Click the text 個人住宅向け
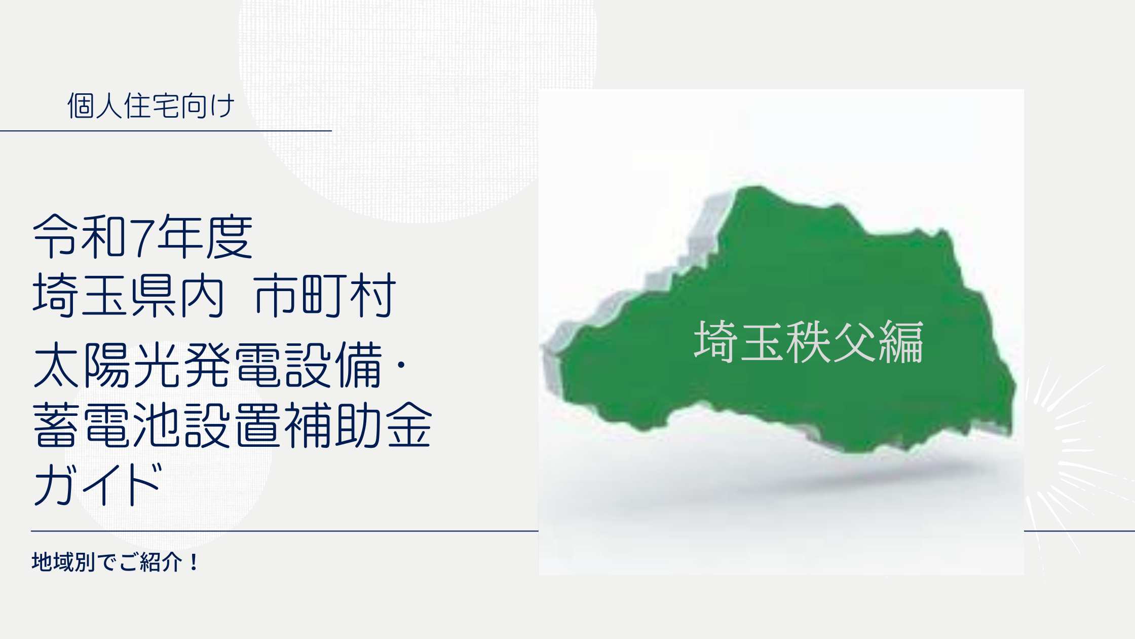click(151, 106)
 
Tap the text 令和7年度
click(142, 236)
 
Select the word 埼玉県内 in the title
click(128, 295)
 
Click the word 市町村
click(325, 295)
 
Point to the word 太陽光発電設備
click(208, 365)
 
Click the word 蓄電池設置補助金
click(232, 425)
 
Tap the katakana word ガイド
click(98, 484)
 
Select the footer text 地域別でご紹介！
click(116, 562)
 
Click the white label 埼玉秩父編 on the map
click(808, 342)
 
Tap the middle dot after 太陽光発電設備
click(401, 365)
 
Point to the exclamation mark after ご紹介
click(194, 562)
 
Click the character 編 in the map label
click(901, 342)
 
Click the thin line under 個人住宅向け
click(166, 131)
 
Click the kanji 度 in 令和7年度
click(229, 236)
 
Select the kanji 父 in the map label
click(854, 342)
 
